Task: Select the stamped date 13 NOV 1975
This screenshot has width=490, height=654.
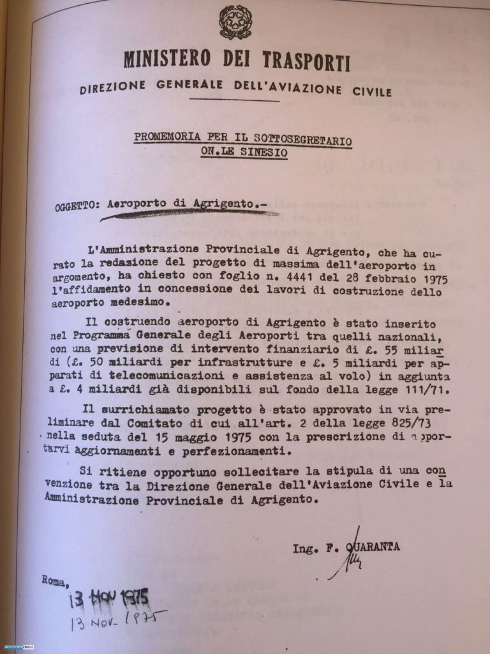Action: point(109,600)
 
